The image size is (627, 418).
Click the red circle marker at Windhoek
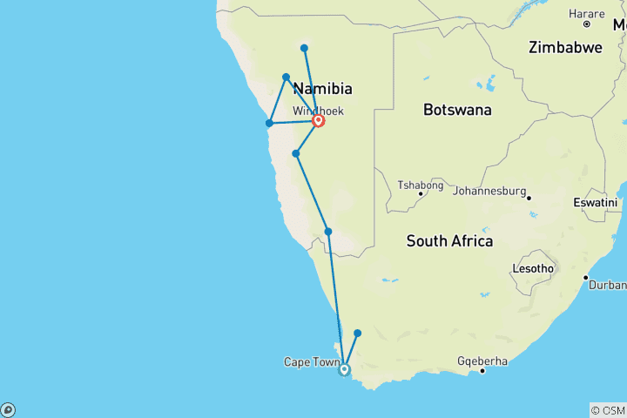pyautogui.click(x=319, y=121)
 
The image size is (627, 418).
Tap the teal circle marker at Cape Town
pyautogui.click(x=344, y=369)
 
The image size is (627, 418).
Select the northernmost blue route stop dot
pyautogui.click(x=304, y=48)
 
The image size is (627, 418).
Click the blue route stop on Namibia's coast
pyautogui.click(x=269, y=123)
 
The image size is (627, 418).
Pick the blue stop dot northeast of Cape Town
pyautogui.click(x=357, y=333)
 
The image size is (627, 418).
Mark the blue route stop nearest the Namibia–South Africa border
pyautogui.click(x=328, y=231)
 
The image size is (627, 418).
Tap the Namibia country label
pyautogui.click(x=323, y=89)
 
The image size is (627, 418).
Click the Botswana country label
pyautogui.click(x=457, y=110)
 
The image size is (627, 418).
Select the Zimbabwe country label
pyautogui.click(x=564, y=48)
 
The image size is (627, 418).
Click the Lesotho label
pyautogui.click(x=533, y=268)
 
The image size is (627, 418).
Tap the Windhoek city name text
pyautogui.click(x=318, y=111)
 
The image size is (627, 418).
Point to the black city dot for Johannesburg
pyautogui.click(x=529, y=198)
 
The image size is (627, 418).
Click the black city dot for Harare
pyautogui.click(x=587, y=24)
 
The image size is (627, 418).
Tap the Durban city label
pyautogui.click(x=608, y=285)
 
